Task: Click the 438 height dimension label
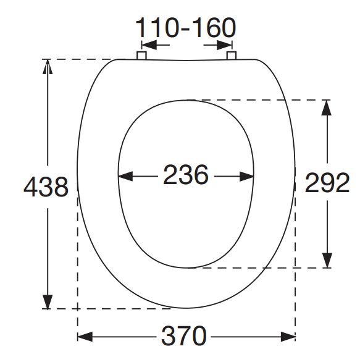[x=46, y=187]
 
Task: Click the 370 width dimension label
[x=183, y=335]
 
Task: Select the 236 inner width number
[x=186, y=175]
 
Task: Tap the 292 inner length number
[x=327, y=183]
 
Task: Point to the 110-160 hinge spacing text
[x=185, y=28]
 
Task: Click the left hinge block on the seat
[x=141, y=56]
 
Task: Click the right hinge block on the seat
[x=231, y=56]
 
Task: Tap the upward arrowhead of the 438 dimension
[x=48, y=67]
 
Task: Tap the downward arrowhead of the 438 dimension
[x=48, y=301]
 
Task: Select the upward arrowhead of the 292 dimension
[x=326, y=107]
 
